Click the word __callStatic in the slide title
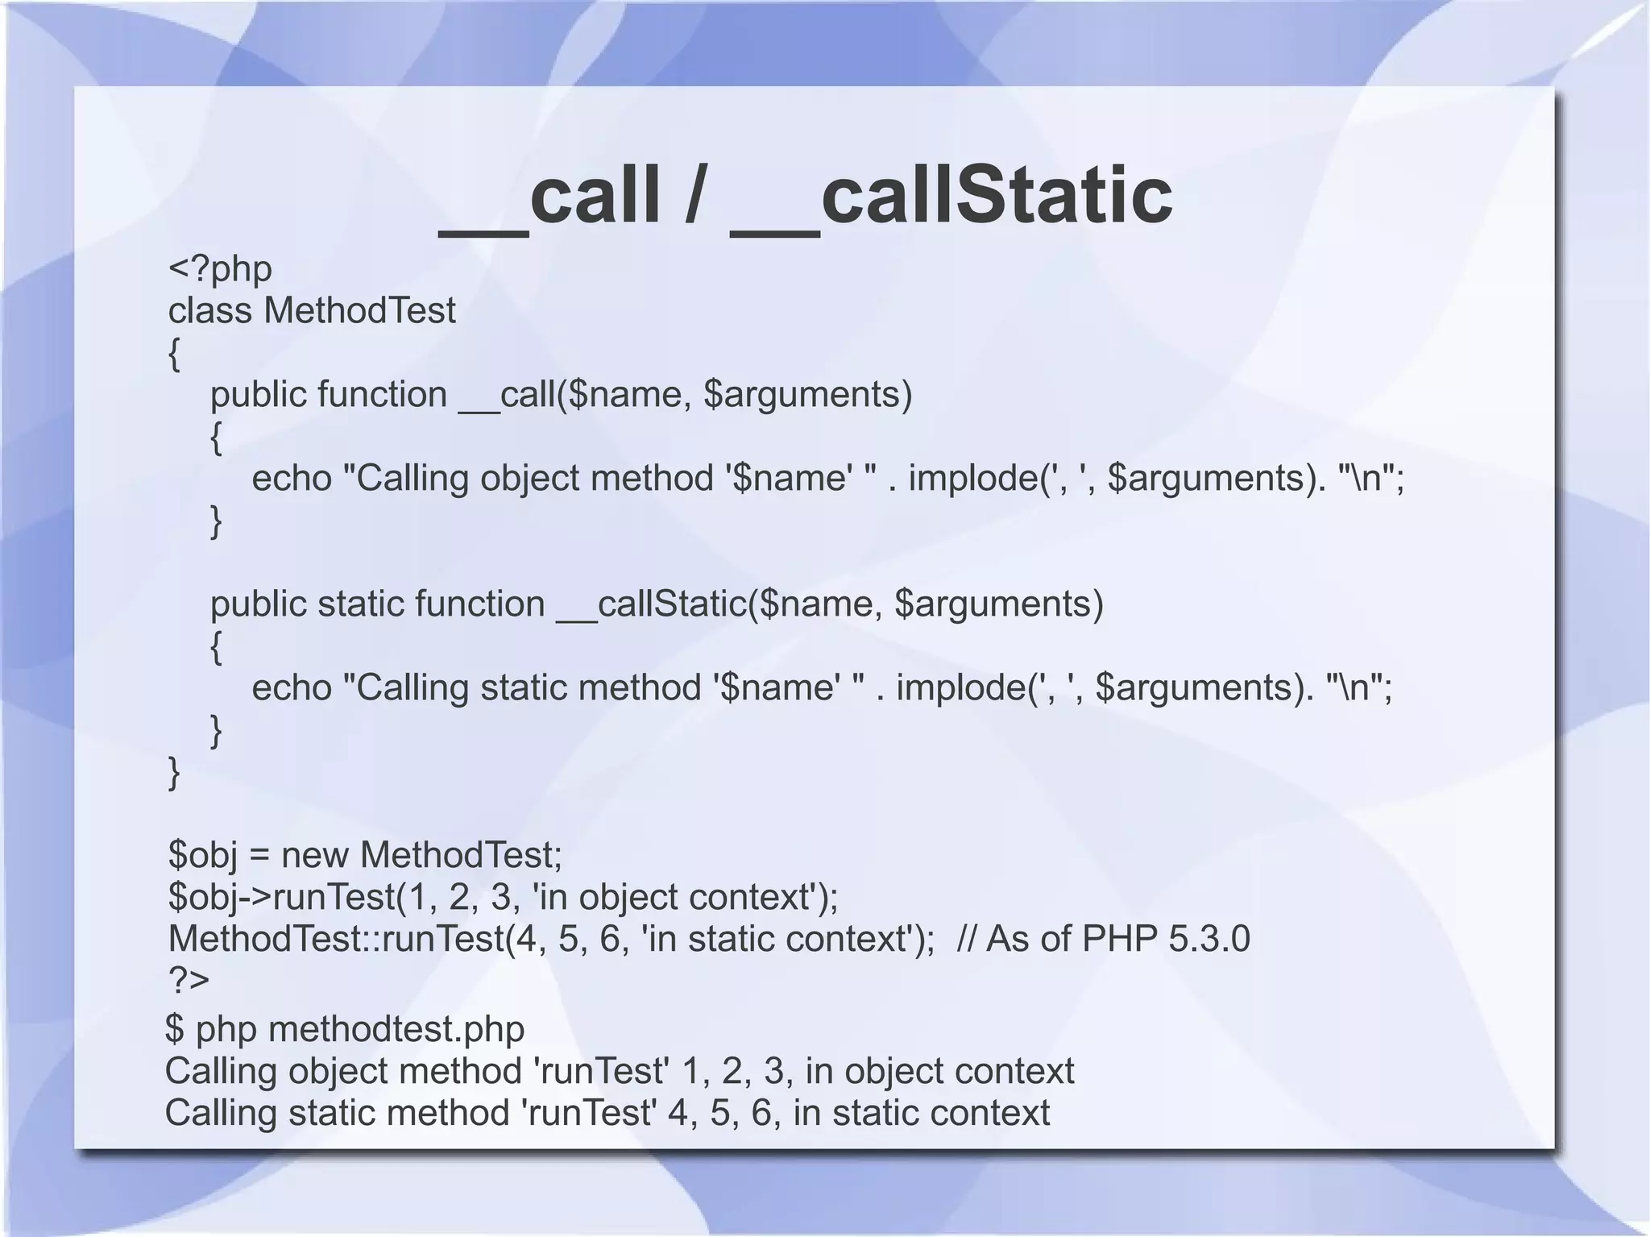tap(951, 196)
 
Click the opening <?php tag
tap(220, 269)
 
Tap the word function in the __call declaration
tap(382, 395)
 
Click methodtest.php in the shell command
tap(396, 1030)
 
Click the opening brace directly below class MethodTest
tap(174, 354)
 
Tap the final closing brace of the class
tap(174, 773)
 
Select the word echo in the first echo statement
tap(292, 479)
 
